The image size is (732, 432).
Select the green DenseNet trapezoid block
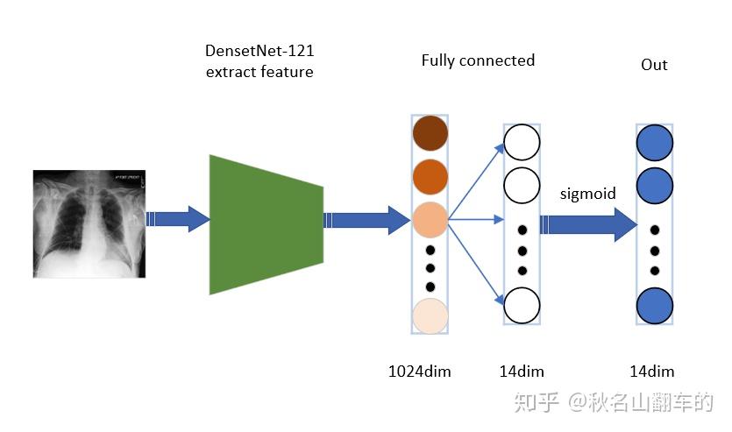coord(266,224)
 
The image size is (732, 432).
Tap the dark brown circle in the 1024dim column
coord(430,133)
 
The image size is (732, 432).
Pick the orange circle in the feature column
coord(430,176)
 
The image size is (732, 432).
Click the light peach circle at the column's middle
coord(430,219)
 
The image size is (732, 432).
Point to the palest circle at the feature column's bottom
coord(430,316)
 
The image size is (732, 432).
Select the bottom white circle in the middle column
coord(522,305)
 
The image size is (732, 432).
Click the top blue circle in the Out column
coord(655,143)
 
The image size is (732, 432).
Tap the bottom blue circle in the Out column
coord(655,305)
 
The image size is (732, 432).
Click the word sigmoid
coord(587,194)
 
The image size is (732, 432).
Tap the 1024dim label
coord(419,372)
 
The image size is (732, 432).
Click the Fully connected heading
coord(478,60)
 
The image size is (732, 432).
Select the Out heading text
coord(654,65)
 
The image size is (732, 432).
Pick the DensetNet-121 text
coord(259,52)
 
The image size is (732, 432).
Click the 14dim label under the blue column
coord(652,372)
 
